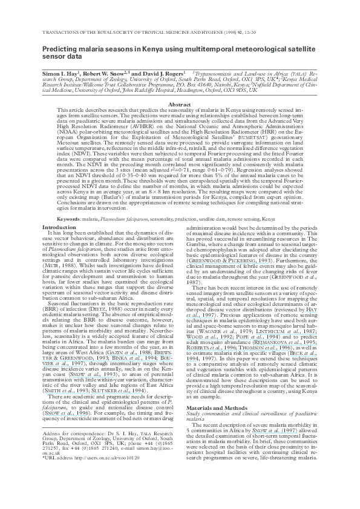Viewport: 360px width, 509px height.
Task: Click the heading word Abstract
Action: point(180,105)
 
